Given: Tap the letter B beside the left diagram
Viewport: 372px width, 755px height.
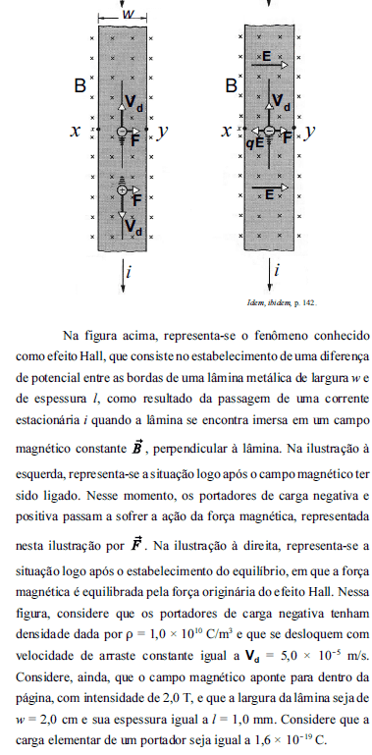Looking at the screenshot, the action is click(x=80, y=86).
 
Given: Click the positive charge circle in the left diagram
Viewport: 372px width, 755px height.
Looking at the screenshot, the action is click(x=124, y=189).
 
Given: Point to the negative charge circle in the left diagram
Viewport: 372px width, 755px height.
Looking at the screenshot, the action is click(x=124, y=131).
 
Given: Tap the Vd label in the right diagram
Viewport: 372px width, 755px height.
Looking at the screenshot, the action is click(x=282, y=101).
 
